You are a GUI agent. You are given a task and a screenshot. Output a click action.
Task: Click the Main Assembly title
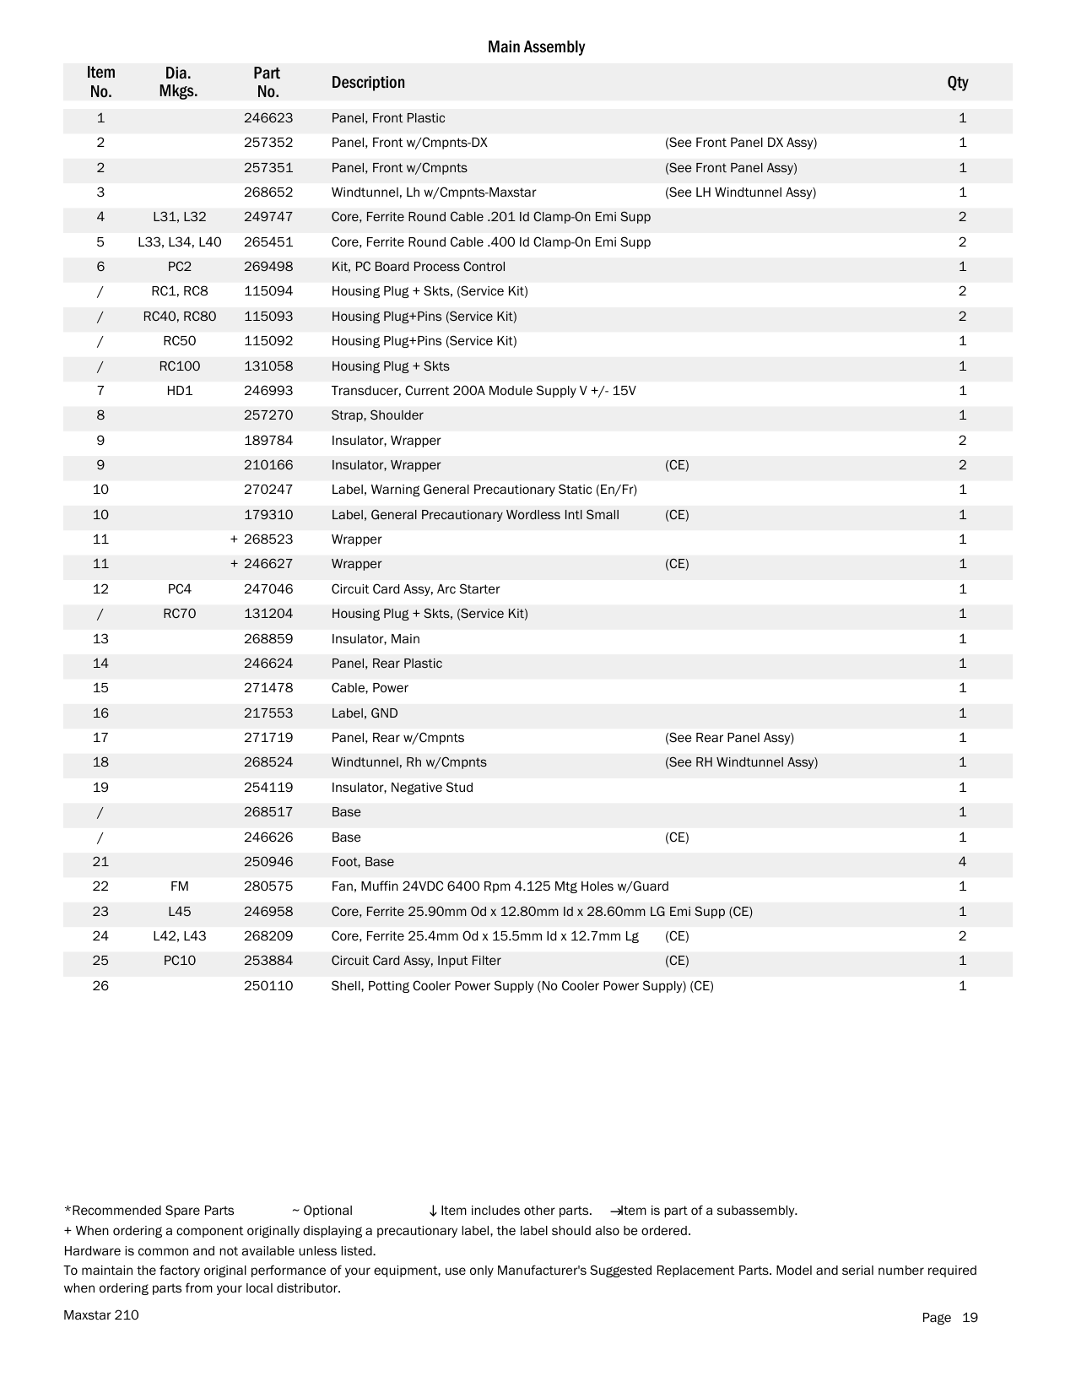tap(536, 47)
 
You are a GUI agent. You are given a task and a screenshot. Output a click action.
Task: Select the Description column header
tap(368, 83)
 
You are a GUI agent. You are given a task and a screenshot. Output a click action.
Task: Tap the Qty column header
tap(957, 83)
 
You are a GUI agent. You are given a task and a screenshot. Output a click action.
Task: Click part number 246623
tap(268, 118)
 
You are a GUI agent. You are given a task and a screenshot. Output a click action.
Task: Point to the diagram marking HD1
tap(179, 391)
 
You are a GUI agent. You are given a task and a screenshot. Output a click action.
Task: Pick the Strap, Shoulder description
tap(377, 415)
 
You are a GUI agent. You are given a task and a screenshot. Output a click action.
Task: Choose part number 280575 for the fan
tap(268, 886)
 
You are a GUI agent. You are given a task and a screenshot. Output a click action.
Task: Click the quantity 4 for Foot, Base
tap(962, 862)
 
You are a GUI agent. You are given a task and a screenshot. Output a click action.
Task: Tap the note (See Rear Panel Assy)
tap(729, 738)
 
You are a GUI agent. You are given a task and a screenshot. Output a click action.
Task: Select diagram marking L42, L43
tap(179, 936)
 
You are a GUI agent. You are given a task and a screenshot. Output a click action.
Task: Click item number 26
tap(100, 986)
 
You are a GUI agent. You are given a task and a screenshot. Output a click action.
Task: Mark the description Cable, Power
tap(370, 688)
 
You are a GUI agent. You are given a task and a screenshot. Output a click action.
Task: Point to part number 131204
tap(268, 614)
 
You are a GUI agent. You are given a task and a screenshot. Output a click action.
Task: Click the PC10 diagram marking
tap(179, 961)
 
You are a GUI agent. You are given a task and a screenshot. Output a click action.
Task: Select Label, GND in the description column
tap(365, 713)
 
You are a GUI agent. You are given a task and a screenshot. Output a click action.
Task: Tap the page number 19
tap(970, 1318)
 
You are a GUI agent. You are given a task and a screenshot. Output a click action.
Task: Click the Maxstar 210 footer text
tap(101, 1315)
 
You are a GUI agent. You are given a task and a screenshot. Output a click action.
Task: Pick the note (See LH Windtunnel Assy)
tap(740, 192)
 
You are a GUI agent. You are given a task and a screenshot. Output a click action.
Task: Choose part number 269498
tap(268, 267)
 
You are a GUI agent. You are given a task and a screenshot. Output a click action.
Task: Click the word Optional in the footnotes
tap(327, 1211)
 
